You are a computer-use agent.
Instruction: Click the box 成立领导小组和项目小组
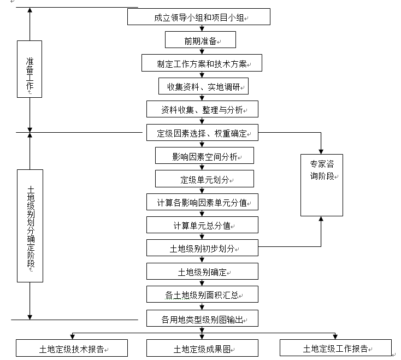pos(199,17)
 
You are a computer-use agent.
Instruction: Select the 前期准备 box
pos(200,40)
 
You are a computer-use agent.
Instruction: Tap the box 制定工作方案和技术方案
pos(202,63)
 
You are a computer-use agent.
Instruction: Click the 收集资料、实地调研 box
pos(204,86)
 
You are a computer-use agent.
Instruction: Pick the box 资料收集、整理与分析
pos(202,109)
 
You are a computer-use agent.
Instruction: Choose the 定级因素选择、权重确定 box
pos(202,133)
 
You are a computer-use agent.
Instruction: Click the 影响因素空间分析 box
pos(205,156)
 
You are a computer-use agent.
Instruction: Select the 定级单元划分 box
pos(205,179)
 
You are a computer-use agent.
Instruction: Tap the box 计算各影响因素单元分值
pos(202,202)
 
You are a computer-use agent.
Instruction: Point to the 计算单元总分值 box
pos(202,225)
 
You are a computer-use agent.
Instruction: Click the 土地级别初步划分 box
pos(202,248)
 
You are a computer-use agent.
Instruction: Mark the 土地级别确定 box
pos(202,272)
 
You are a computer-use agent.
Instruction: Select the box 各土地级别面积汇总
pos(202,295)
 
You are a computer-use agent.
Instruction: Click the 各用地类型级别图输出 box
pos(202,318)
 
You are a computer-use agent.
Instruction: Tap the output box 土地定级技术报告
pos(72,348)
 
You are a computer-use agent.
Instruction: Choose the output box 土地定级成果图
pos(202,348)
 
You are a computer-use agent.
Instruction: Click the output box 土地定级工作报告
pos(335,348)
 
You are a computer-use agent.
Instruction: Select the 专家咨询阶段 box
pos(322,185)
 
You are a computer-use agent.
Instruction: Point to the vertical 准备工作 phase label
pos(30,69)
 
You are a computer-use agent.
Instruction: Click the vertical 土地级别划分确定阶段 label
pos(30,225)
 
